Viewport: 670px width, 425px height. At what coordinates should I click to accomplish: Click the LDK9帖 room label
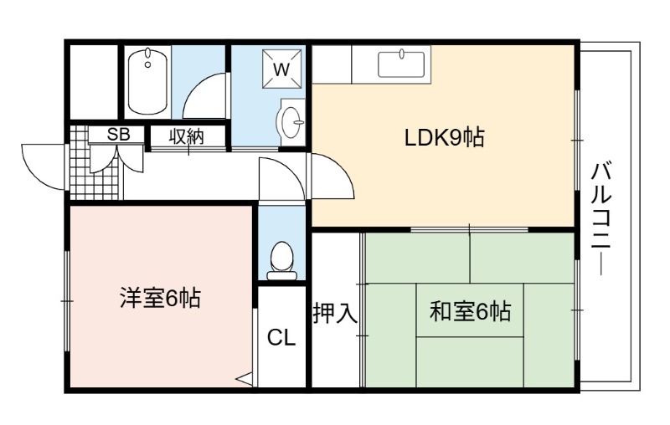(445, 137)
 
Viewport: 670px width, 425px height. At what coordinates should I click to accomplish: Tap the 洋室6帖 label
(160, 298)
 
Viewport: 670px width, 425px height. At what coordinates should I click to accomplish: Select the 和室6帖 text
(470, 311)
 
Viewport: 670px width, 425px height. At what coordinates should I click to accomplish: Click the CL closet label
(281, 338)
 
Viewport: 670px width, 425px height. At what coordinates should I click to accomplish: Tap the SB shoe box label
(118, 135)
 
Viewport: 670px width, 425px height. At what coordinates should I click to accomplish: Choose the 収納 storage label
(187, 136)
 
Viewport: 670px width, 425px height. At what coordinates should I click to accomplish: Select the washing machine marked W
(281, 69)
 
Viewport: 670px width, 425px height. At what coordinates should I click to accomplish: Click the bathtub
(147, 81)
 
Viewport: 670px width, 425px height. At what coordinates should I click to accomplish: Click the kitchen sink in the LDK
(401, 65)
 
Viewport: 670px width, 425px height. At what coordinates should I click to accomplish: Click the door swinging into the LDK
(338, 171)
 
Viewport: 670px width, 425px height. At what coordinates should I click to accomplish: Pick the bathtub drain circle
(148, 65)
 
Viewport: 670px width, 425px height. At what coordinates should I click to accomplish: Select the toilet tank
(282, 275)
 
